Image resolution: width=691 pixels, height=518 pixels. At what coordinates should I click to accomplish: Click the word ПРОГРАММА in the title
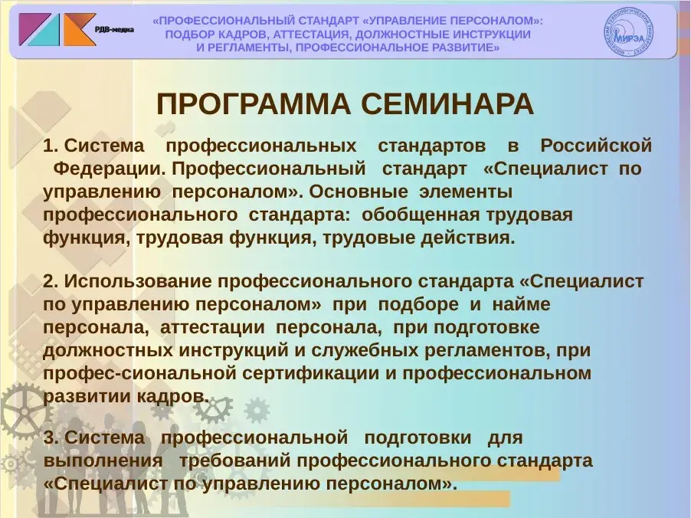(x=254, y=104)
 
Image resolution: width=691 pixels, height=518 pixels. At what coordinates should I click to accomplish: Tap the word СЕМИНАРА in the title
(x=447, y=104)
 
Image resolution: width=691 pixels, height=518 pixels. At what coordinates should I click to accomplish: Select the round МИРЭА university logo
(x=628, y=31)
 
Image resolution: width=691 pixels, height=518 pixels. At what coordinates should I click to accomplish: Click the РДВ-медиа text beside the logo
(x=115, y=30)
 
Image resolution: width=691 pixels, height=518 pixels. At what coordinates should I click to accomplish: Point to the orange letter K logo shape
(x=80, y=30)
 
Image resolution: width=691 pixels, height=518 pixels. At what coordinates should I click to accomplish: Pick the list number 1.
(x=50, y=146)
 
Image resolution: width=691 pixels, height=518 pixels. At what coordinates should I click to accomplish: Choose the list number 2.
(x=51, y=281)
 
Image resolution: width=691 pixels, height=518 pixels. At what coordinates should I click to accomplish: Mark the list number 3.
(x=51, y=438)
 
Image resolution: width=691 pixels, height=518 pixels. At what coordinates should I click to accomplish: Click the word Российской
(x=596, y=146)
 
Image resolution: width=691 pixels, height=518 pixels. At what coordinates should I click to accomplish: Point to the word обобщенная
(x=421, y=215)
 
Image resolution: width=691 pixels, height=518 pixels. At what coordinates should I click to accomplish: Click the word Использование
(x=139, y=281)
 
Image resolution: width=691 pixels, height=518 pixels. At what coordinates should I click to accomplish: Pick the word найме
(x=522, y=304)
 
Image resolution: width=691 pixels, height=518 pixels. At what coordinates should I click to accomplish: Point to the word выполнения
(x=103, y=461)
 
